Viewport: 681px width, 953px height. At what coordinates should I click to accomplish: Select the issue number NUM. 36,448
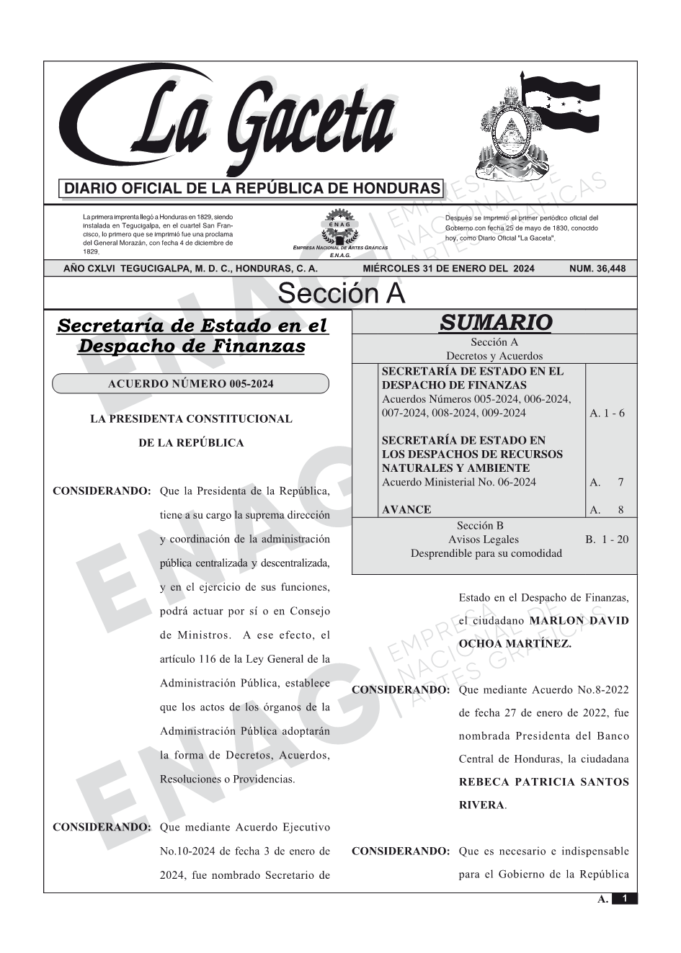click(x=597, y=269)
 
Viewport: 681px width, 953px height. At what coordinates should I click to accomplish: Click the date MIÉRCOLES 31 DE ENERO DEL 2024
click(x=448, y=269)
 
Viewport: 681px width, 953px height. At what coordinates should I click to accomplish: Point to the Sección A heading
click(x=341, y=294)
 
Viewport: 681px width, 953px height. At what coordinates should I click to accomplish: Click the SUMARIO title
click(x=495, y=323)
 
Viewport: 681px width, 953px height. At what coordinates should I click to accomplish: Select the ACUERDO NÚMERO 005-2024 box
click(x=190, y=384)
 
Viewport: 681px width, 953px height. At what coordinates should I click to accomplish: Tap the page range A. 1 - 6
click(x=607, y=413)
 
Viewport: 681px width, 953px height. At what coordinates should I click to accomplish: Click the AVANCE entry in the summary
click(x=406, y=509)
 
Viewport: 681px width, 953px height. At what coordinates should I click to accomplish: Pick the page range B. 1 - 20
click(x=607, y=539)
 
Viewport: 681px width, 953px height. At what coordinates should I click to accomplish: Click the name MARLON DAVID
click(x=579, y=620)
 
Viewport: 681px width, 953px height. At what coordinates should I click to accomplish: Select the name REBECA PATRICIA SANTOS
click(x=543, y=782)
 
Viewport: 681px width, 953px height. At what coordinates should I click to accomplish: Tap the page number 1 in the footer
click(x=625, y=898)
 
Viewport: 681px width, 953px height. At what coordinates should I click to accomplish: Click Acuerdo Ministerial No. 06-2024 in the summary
click(x=458, y=482)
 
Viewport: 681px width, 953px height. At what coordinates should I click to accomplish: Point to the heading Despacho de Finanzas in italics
click(x=191, y=346)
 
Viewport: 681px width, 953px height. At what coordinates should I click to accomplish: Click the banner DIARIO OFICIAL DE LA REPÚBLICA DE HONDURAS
click(x=252, y=189)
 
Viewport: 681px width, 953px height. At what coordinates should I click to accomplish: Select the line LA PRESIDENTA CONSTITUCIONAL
click(x=191, y=419)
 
